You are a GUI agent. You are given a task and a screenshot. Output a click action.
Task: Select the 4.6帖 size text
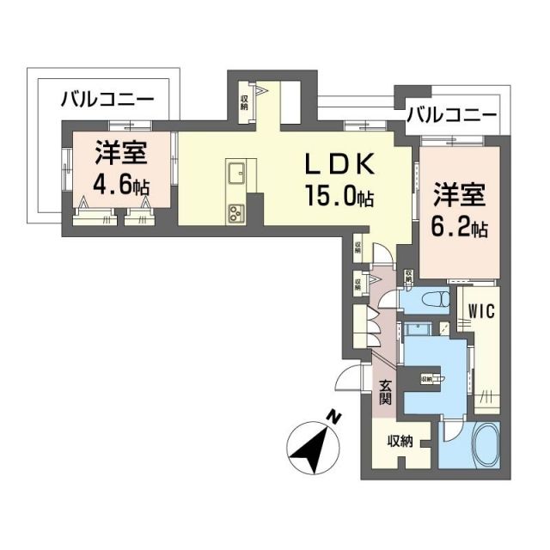[x=120, y=186]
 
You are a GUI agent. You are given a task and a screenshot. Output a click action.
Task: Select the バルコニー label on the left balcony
[x=107, y=100]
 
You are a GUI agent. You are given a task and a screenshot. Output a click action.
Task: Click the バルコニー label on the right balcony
[x=451, y=114]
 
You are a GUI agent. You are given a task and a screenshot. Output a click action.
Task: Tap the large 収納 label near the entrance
[x=400, y=442]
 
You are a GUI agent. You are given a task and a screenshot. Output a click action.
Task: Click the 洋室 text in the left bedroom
[x=120, y=156]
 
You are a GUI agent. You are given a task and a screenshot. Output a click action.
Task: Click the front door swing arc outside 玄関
[x=351, y=379]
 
